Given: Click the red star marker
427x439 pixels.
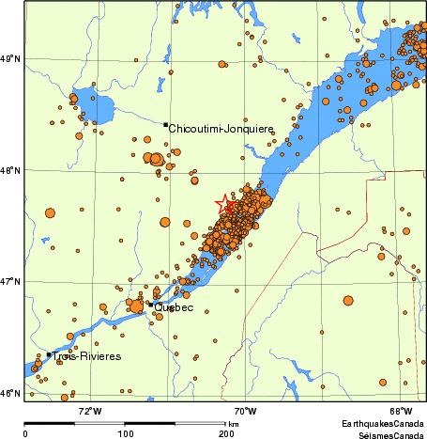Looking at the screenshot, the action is click(x=226, y=203).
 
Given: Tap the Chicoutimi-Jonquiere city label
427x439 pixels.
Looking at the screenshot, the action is click(x=221, y=130).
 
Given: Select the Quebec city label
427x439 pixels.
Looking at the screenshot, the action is click(x=174, y=307).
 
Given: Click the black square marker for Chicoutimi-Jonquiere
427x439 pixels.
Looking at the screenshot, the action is click(x=165, y=124).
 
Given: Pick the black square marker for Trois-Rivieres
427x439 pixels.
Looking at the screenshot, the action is click(x=48, y=354).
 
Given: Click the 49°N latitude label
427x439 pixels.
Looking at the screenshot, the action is click(x=12, y=59).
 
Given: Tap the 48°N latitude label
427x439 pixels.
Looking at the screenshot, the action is click(x=12, y=170).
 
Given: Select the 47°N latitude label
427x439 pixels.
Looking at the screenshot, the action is click(x=12, y=281).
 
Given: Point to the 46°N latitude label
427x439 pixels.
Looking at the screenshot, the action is click(x=12, y=392).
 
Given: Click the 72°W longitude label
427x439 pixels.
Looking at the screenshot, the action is click(x=90, y=411).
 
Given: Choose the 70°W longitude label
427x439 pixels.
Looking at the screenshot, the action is click(x=245, y=411).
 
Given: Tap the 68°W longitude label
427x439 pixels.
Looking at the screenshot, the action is click(x=401, y=411).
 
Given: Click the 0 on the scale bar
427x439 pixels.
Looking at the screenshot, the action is click(x=24, y=433).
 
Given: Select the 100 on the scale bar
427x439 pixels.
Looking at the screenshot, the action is click(x=125, y=433).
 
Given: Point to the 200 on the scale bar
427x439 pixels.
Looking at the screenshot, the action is click(x=225, y=433).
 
